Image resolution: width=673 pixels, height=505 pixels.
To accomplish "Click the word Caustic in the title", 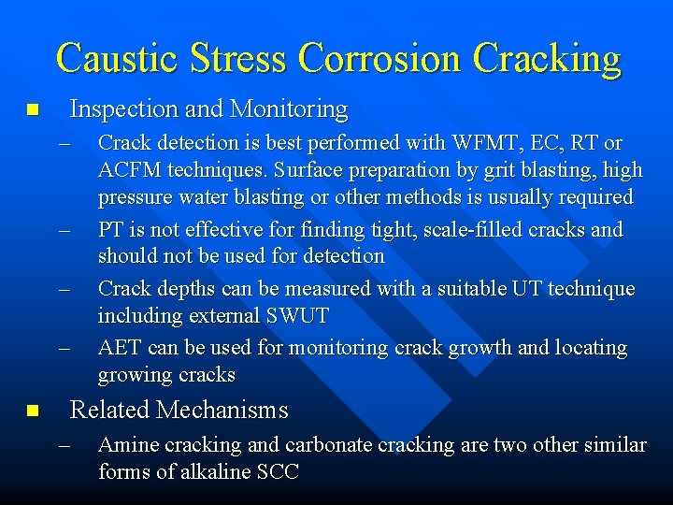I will (x=114, y=58).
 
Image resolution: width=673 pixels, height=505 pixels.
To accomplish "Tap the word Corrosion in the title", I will (x=379, y=58).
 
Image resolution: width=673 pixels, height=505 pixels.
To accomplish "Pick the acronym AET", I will (x=118, y=348).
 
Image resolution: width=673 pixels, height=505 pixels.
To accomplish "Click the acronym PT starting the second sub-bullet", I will (x=111, y=230).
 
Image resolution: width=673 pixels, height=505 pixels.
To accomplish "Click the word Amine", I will (x=125, y=445).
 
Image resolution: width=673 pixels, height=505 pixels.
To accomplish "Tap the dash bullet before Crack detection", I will (x=64, y=144).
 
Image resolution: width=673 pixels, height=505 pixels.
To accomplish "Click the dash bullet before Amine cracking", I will (x=64, y=446).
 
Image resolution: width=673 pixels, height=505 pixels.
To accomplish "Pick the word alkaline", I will (x=196, y=472).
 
